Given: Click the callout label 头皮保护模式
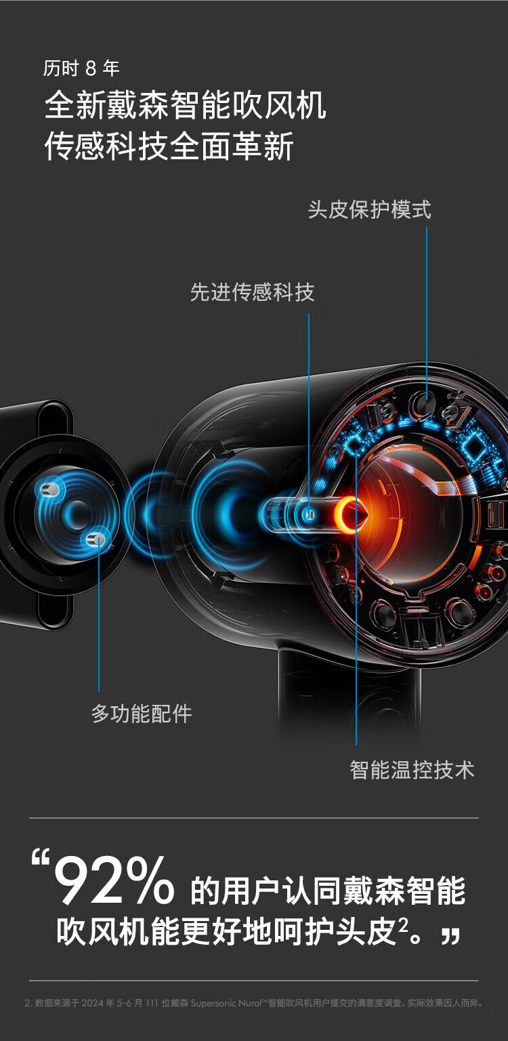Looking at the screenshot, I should point(369,209).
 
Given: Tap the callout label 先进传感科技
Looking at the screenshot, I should point(252,293).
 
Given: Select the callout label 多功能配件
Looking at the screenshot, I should point(142,714).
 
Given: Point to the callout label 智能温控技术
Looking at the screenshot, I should point(412,770).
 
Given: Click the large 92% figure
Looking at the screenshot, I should point(114,882).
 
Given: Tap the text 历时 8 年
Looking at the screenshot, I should point(81,68).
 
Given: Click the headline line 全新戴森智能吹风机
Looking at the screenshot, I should point(185,107).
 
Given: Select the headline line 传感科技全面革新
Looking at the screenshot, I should point(169,146).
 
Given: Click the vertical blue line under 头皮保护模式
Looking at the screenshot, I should point(427,305).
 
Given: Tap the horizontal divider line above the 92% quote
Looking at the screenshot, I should point(254,818).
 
